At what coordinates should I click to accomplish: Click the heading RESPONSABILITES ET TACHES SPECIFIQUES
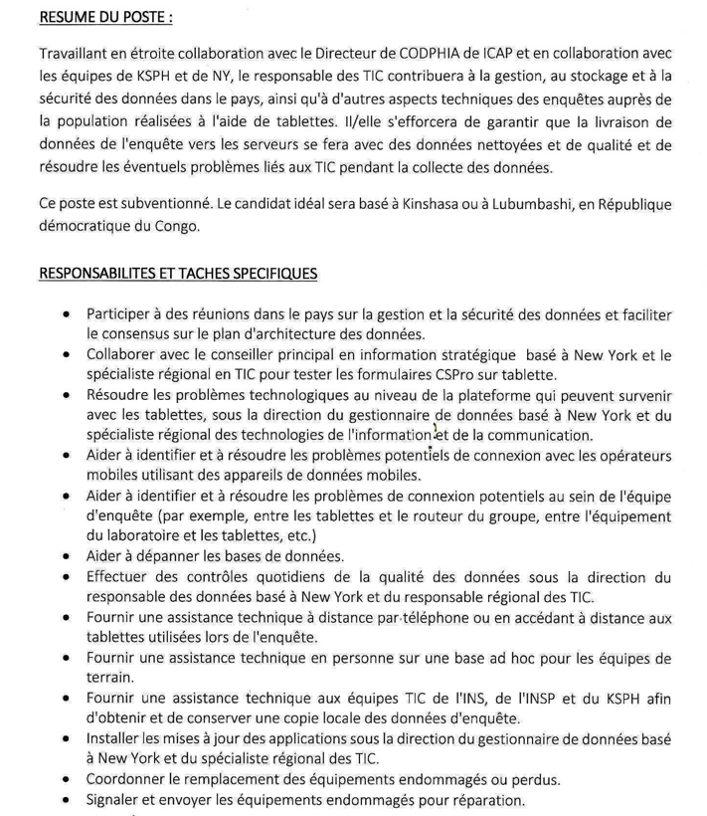pyautogui.click(x=178, y=272)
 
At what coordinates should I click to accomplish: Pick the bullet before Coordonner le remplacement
pyautogui.click(x=64, y=777)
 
